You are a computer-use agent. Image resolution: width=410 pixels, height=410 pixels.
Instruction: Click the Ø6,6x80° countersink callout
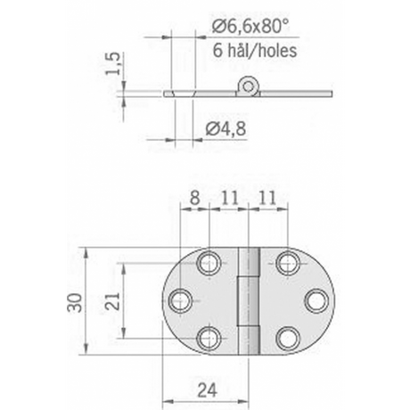click(250, 27)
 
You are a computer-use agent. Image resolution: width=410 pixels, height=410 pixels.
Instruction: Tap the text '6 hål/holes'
click(255, 51)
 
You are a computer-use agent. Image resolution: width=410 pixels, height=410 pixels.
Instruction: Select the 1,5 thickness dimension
click(113, 63)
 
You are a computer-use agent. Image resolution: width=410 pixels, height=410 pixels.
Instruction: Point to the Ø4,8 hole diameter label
click(225, 129)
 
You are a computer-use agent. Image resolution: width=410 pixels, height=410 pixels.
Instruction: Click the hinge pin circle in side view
click(247, 86)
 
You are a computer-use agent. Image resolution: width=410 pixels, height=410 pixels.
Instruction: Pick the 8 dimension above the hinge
click(194, 198)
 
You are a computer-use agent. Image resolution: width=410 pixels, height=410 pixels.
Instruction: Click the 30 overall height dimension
click(74, 302)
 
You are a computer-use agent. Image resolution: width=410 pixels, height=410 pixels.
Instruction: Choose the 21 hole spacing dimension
click(113, 301)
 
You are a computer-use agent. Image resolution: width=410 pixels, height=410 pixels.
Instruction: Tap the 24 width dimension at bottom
click(207, 389)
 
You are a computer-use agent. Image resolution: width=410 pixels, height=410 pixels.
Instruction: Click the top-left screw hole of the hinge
click(209, 263)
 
